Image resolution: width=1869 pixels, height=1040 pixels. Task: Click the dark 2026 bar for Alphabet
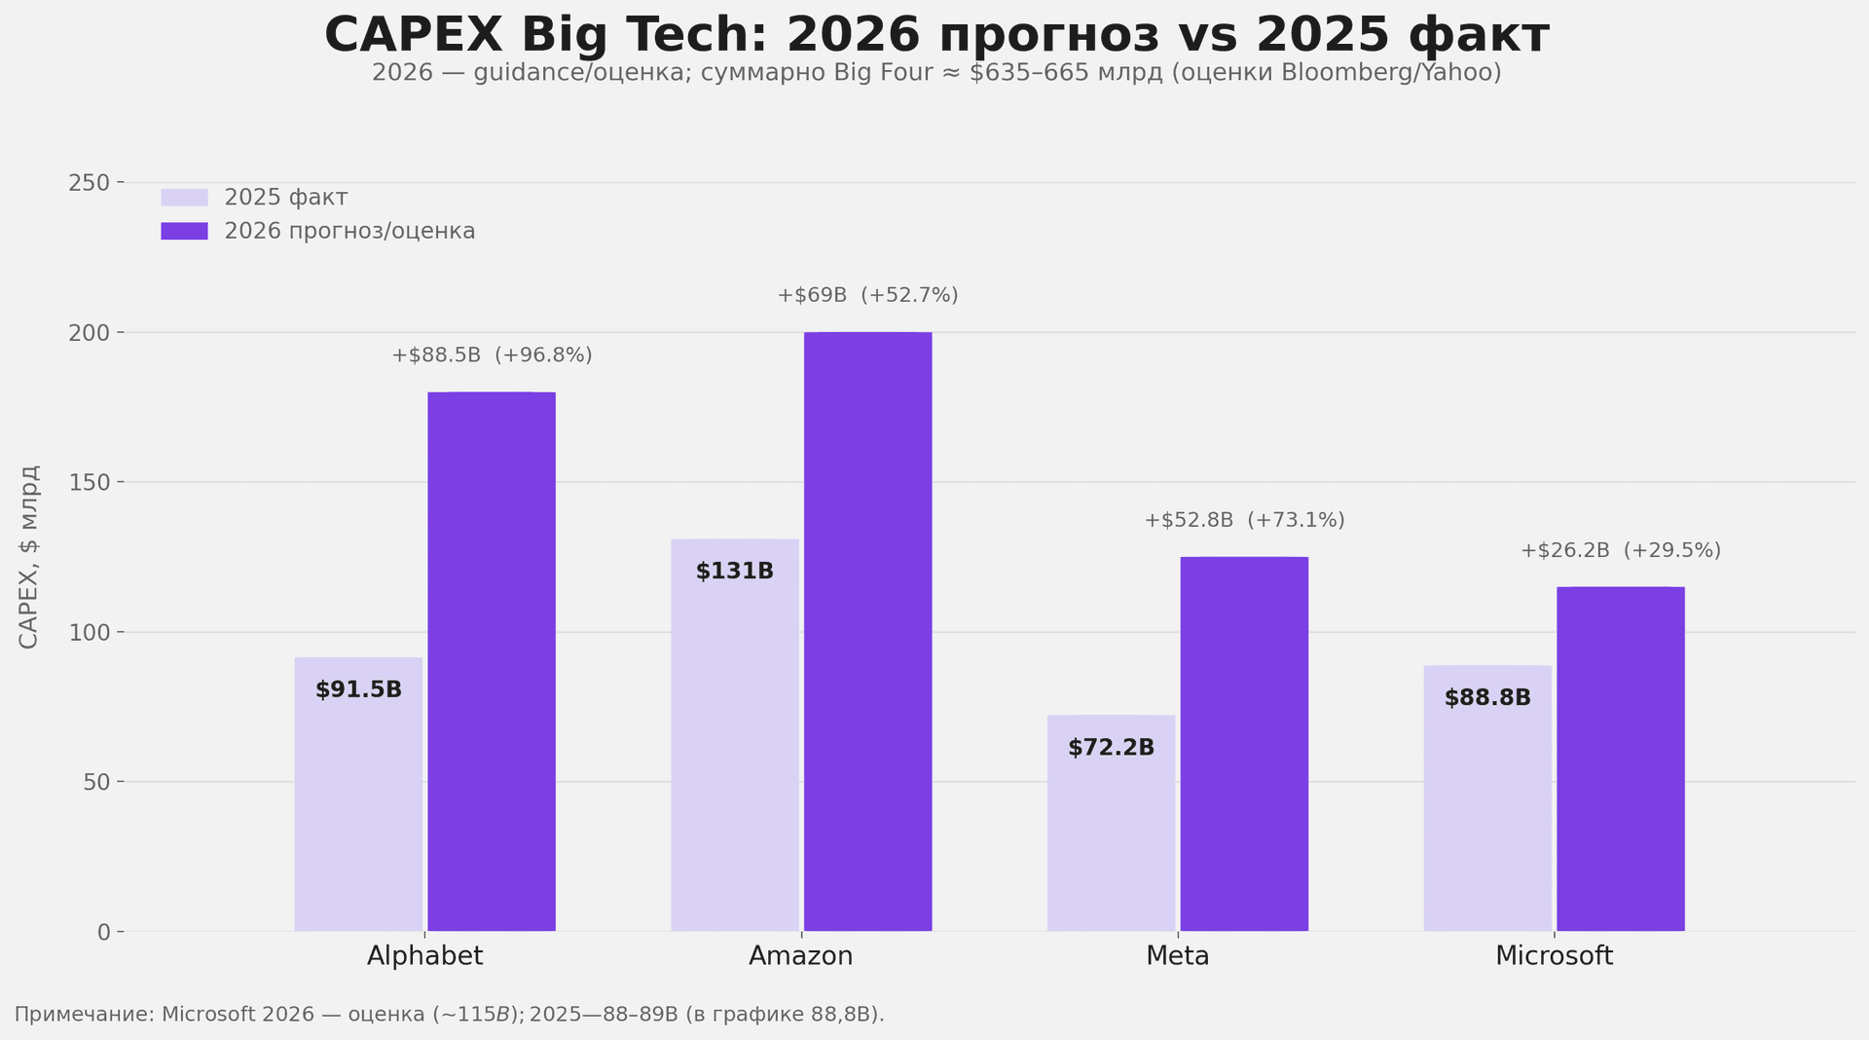point(492,662)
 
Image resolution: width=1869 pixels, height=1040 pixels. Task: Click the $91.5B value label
point(358,690)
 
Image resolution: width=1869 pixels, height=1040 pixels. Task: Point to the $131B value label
point(735,572)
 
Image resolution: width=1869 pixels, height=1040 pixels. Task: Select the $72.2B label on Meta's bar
point(1111,749)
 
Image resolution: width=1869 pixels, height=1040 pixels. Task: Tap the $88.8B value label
point(1487,698)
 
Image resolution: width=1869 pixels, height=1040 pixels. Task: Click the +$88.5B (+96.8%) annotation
point(492,355)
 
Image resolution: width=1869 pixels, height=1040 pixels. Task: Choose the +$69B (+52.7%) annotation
point(867,295)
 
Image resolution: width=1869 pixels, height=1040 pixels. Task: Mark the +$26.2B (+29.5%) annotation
point(1621,550)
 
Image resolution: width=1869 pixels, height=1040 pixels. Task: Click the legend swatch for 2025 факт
point(184,198)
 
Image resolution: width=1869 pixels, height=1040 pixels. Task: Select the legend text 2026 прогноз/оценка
point(349,232)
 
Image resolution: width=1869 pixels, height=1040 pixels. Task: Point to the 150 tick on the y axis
point(89,483)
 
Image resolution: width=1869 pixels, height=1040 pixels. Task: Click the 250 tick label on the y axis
point(89,183)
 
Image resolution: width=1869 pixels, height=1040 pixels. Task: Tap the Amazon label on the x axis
point(800,956)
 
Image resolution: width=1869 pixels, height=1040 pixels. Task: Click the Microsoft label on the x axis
point(1554,956)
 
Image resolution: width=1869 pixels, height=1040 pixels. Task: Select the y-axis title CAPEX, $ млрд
point(29,557)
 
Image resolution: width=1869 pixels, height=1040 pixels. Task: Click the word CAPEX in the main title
point(413,36)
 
